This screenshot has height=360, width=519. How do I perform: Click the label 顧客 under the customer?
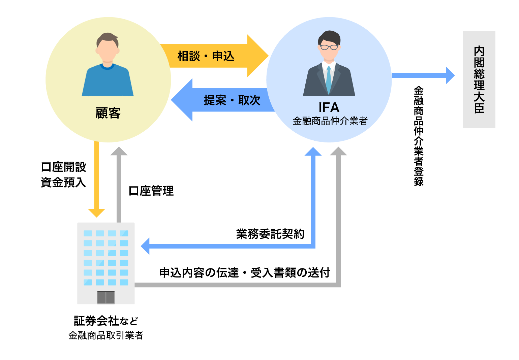(x=108, y=113)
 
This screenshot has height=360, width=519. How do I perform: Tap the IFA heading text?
(x=329, y=108)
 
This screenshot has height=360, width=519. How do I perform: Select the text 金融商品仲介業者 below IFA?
(x=330, y=121)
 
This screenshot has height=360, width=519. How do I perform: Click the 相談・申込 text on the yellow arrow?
(x=206, y=56)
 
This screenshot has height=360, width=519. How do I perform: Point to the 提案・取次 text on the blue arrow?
(x=232, y=100)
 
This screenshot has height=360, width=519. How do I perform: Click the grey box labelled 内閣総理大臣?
(x=479, y=79)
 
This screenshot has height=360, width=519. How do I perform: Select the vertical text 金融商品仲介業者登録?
(x=419, y=136)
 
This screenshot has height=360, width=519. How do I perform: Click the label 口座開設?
(x=64, y=167)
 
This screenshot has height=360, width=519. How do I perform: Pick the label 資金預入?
(x=64, y=183)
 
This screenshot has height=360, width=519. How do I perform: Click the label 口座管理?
(x=151, y=191)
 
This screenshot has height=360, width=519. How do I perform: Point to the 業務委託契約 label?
(x=270, y=234)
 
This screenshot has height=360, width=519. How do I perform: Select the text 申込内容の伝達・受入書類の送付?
(x=244, y=272)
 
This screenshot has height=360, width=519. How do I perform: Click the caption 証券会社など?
(x=106, y=321)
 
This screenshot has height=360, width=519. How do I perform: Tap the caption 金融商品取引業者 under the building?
(x=106, y=335)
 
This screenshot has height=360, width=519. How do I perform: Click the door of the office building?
(x=106, y=297)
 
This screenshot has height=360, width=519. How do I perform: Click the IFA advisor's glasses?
(x=329, y=47)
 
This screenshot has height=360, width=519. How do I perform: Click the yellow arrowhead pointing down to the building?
(x=97, y=213)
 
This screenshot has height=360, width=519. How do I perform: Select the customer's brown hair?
(x=108, y=38)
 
